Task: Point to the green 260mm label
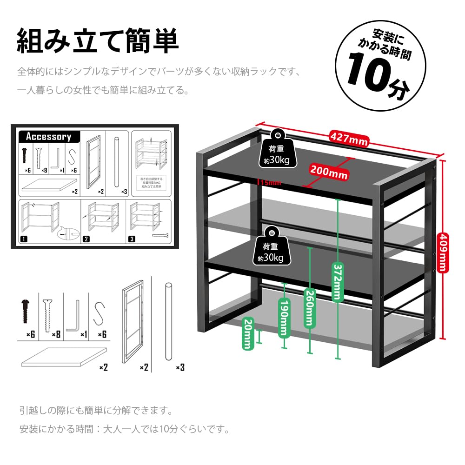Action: (309, 307)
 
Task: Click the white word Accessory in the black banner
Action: (48, 137)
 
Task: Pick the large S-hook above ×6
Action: (99, 313)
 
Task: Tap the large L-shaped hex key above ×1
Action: (73, 317)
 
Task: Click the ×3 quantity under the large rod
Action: (180, 367)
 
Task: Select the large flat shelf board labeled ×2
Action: (63, 358)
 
